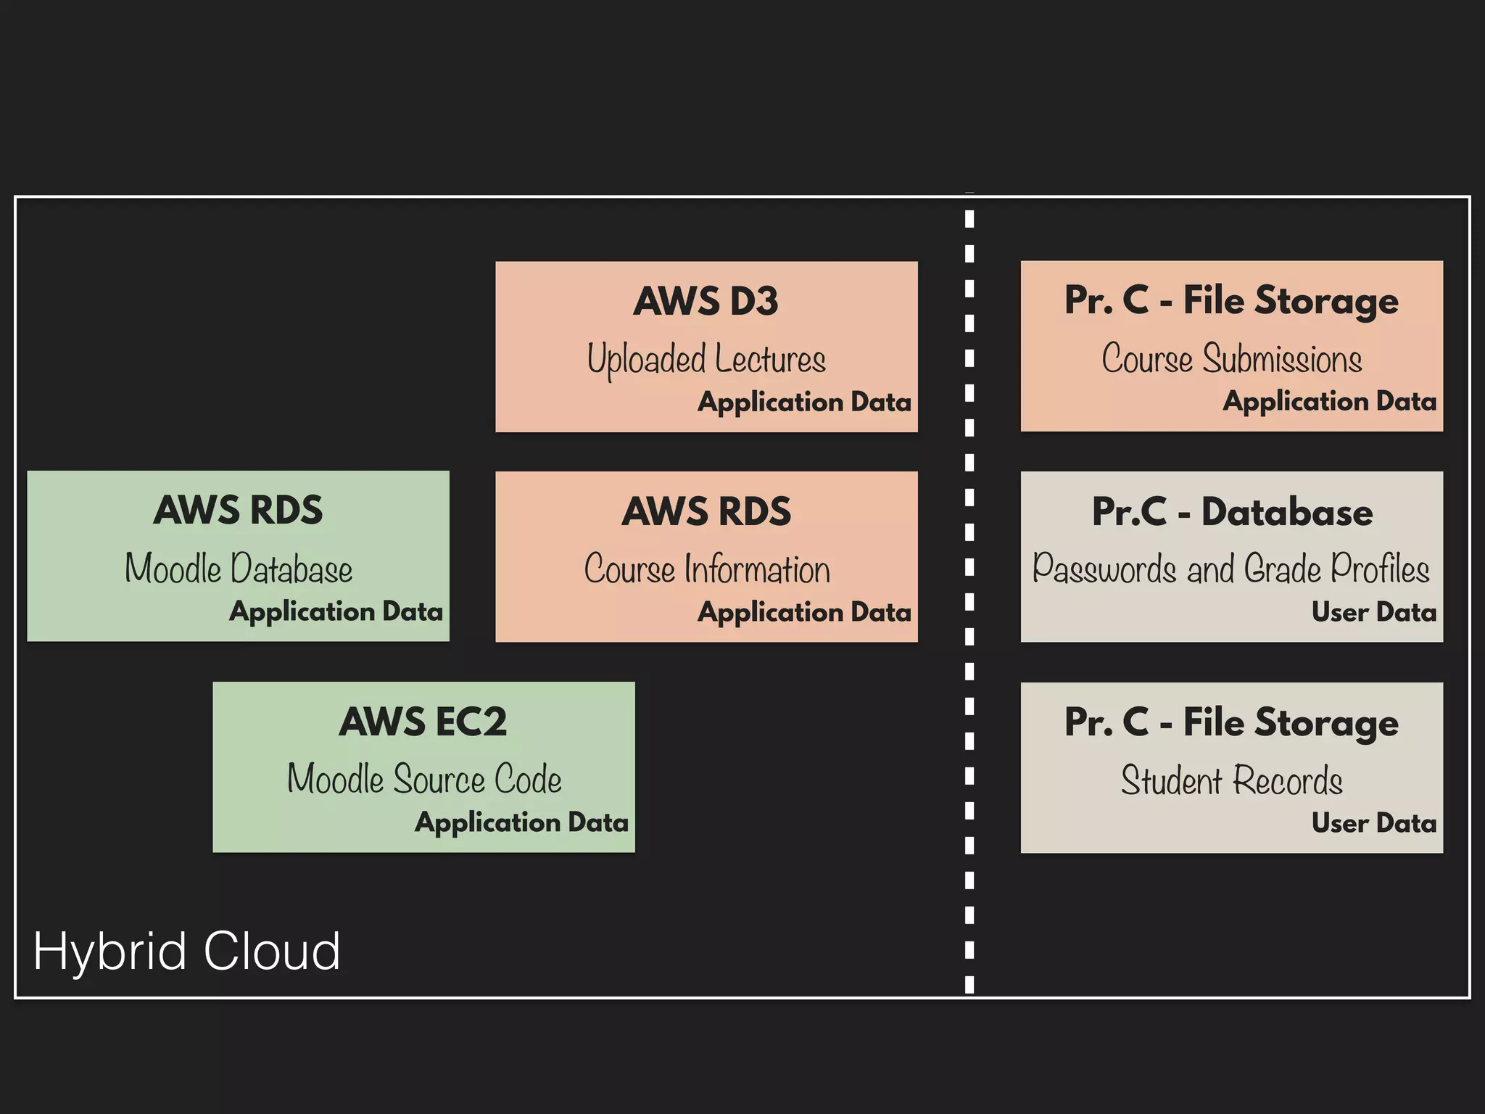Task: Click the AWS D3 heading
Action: tap(706, 301)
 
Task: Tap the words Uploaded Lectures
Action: tap(706, 359)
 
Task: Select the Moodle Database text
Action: tap(238, 569)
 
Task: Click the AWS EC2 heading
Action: tap(423, 722)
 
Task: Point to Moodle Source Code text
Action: tap(424, 780)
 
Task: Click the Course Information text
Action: tap(707, 569)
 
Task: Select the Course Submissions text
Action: tap(1231, 359)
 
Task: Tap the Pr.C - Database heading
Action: tap(1231, 512)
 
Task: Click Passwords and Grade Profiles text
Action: tap(1230, 569)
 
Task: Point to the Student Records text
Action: tap(1231, 780)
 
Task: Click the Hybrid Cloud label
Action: tap(186, 951)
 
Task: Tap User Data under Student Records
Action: tap(1373, 823)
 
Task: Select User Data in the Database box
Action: tap(1373, 612)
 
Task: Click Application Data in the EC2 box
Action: tap(521, 822)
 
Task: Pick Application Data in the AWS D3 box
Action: tap(804, 402)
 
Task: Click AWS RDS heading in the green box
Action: tap(238, 510)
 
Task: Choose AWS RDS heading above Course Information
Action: tap(706, 511)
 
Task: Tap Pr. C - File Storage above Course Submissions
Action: tap(1231, 300)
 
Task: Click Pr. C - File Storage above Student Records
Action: tap(1231, 722)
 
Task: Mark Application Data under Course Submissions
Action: tap(1329, 401)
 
